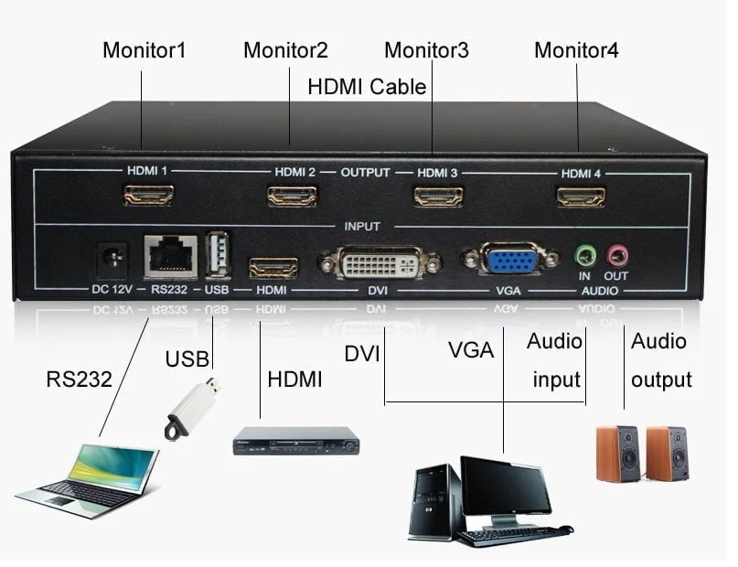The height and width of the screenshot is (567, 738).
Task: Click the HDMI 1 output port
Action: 148,195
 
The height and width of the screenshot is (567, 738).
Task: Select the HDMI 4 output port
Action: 581,196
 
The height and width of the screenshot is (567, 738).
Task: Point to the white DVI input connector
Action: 380,263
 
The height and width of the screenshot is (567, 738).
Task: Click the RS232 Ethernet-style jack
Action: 170,256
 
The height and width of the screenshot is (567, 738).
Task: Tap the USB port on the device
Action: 217,255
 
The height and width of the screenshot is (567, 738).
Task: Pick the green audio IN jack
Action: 583,253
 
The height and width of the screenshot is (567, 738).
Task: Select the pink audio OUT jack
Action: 617,253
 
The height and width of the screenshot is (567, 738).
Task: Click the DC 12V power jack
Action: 112,257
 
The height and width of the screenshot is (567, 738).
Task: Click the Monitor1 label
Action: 144,50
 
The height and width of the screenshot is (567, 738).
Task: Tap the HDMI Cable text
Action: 367,87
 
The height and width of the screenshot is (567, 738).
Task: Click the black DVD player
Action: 295,441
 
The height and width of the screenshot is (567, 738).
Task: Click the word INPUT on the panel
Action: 361,226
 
